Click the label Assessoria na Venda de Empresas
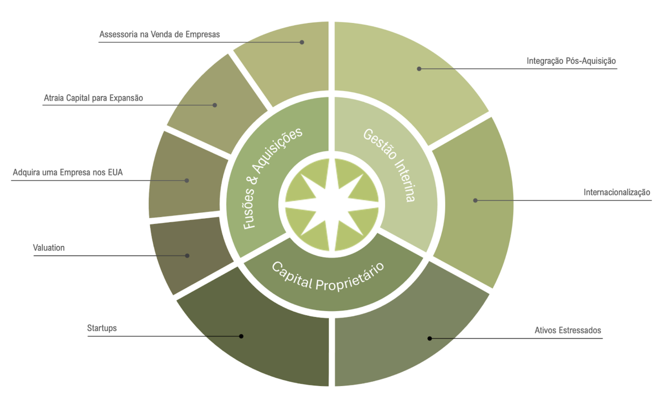click(x=159, y=34)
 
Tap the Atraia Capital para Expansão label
click(x=93, y=98)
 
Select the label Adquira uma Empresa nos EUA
click(x=68, y=173)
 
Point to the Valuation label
click(x=49, y=248)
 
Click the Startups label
click(x=102, y=328)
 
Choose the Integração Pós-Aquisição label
click(x=571, y=61)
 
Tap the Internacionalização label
click(x=617, y=192)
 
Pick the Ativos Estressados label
click(x=568, y=331)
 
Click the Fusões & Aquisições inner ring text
click(x=272, y=179)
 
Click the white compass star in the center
click(x=332, y=203)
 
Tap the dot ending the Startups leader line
click(x=241, y=336)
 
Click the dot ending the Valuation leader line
click(x=187, y=256)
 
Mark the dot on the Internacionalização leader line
click(x=476, y=200)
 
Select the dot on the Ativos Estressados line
click(x=430, y=339)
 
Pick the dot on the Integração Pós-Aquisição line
click(x=419, y=69)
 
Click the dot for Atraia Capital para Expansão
click(x=215, y=105)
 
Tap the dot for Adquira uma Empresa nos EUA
click(x=187, y=180)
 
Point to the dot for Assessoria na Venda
click(x=302, y=42)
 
